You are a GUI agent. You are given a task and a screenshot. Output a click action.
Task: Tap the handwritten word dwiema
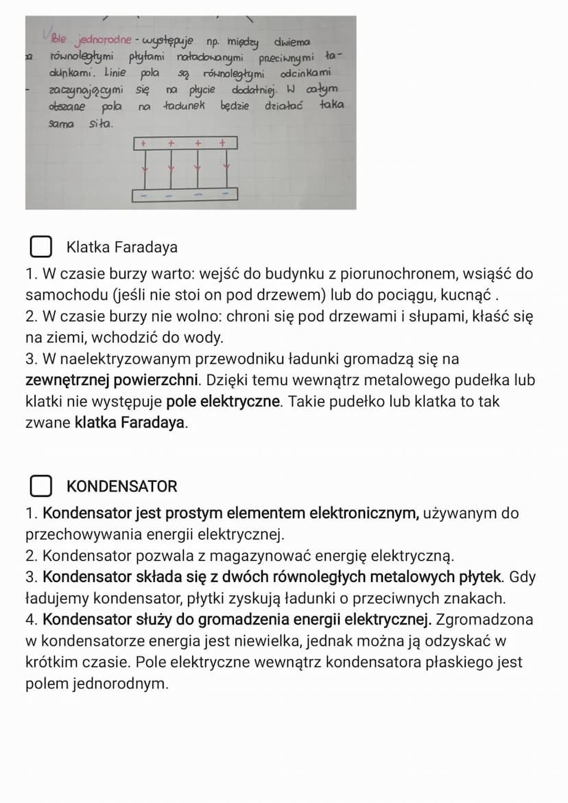pos(292,43)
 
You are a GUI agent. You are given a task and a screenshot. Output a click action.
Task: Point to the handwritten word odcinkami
pos(306,73)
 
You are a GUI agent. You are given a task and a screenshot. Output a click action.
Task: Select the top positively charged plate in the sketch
pos(185,143)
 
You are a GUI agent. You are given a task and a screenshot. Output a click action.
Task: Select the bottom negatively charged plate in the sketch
pos(185,195)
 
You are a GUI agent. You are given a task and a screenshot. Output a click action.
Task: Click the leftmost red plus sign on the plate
pos(143,143)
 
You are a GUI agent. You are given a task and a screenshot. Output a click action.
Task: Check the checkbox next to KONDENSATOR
pos(41,486)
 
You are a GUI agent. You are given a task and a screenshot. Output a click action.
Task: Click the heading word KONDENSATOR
pos(122,487)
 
